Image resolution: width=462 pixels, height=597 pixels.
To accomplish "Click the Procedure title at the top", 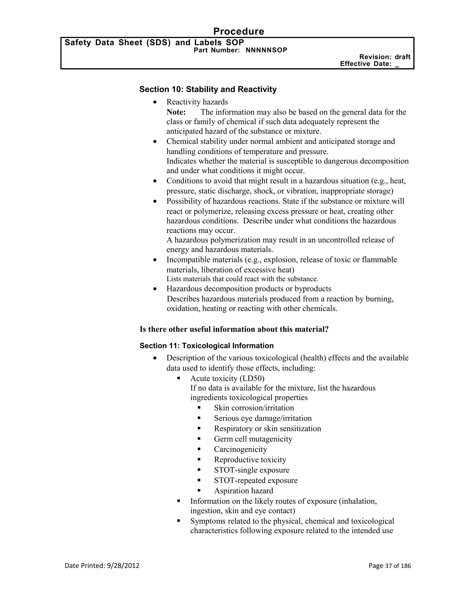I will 238,32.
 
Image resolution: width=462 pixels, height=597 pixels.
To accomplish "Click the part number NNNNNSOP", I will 266,50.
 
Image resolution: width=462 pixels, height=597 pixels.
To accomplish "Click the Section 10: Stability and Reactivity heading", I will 208,89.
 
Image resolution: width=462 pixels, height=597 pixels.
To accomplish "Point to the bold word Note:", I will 176,112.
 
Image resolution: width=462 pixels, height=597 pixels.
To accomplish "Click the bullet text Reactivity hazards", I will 197,102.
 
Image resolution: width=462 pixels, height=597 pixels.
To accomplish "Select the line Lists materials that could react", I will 242,279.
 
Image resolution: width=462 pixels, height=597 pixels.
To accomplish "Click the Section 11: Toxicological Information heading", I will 206,346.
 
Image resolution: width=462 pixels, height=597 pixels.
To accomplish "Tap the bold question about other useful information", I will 234,329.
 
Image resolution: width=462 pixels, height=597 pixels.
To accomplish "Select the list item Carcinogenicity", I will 240,449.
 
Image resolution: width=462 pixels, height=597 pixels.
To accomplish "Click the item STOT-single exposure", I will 252,470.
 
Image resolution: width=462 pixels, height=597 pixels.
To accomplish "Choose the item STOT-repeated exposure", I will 256,480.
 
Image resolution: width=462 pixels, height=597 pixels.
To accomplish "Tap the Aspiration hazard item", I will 243,491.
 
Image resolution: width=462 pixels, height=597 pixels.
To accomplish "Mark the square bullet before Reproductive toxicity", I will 199,460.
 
